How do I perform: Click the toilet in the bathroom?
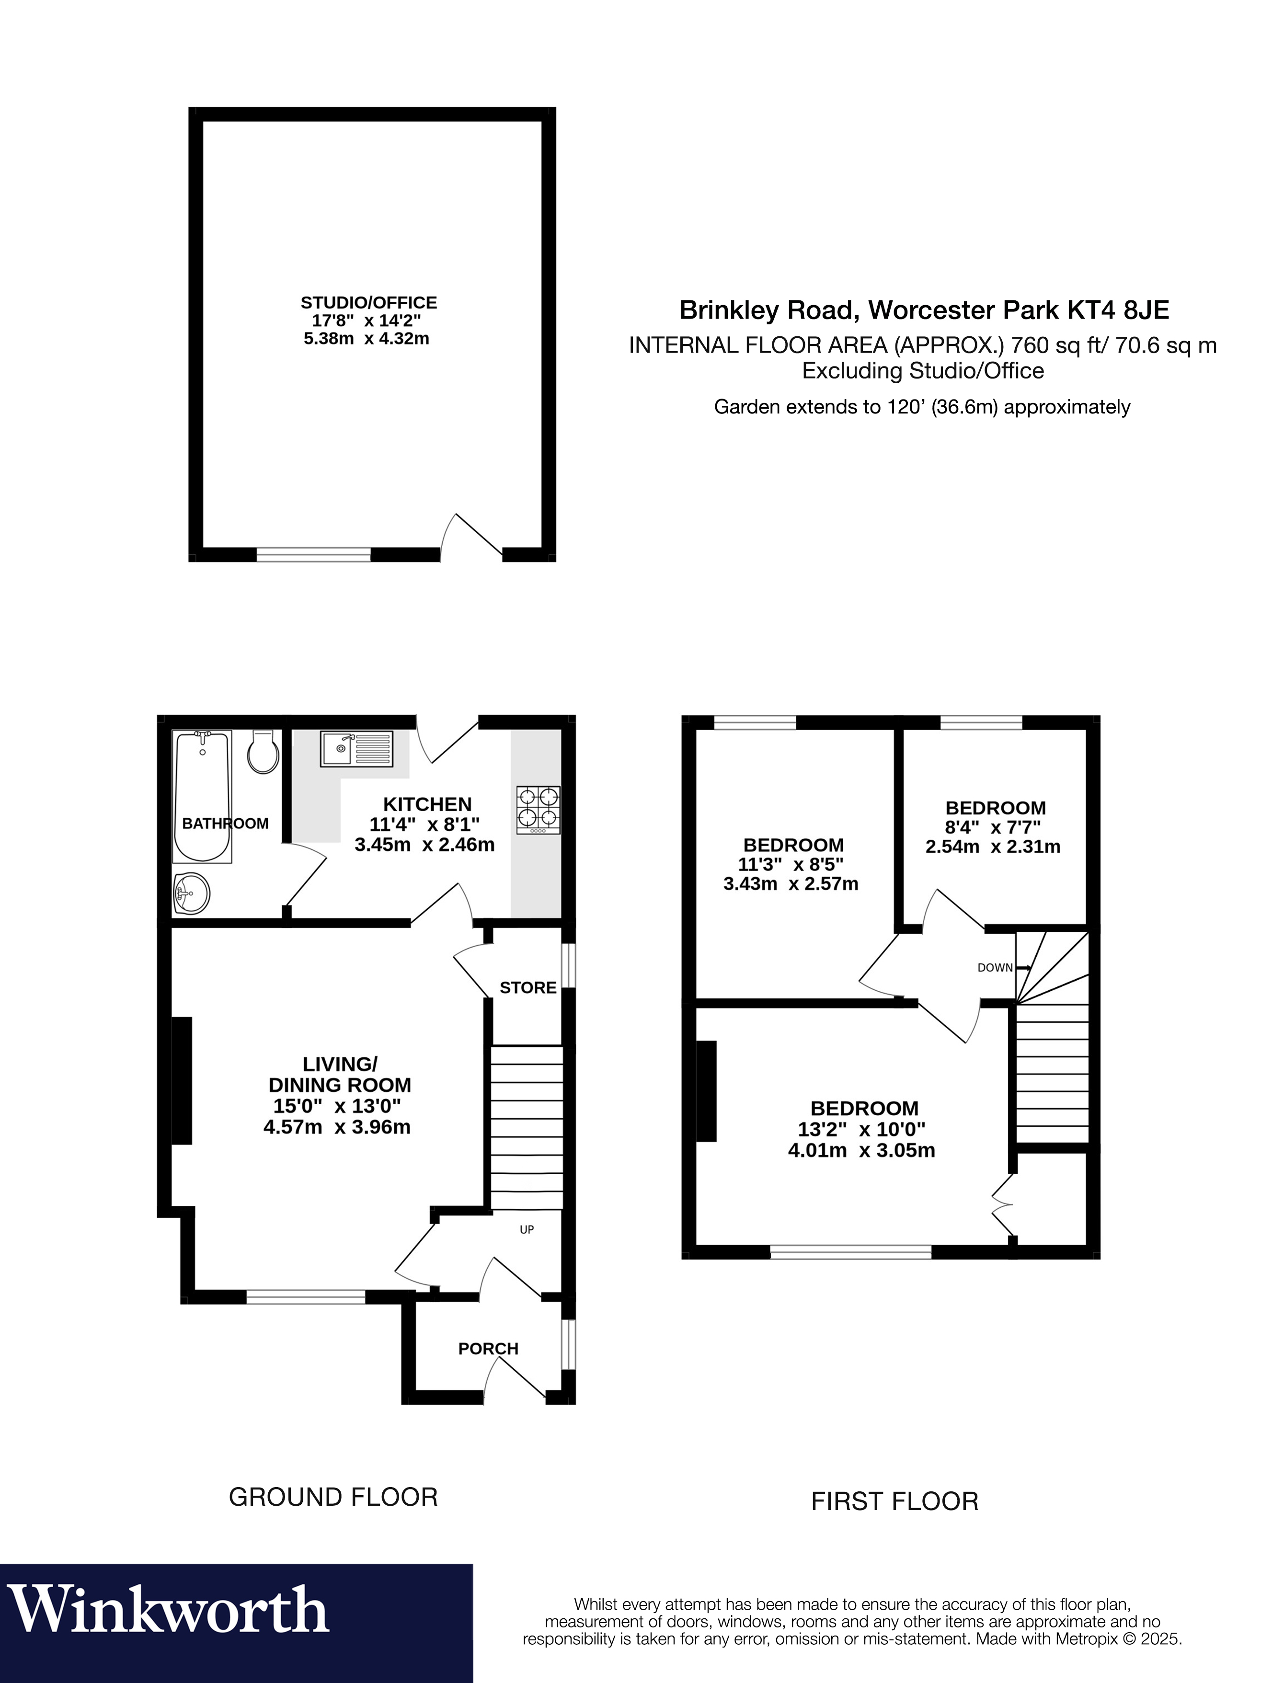262,751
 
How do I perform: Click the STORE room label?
528,987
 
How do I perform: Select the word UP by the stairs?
527,1230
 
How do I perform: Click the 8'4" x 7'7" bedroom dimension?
993,827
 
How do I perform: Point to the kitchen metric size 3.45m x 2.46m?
425,845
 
